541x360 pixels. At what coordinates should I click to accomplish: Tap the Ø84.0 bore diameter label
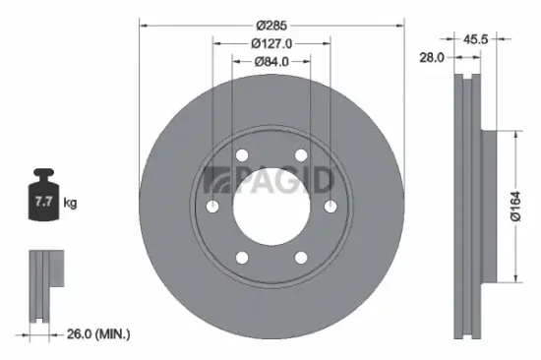[x=272, y=61]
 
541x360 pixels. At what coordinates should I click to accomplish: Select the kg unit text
[x=70, y=203]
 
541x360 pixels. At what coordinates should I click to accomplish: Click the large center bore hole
[x=270, y=206]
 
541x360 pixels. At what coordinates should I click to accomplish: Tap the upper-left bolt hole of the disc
[x=242, y=154]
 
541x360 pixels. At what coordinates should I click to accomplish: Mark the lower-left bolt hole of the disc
[x=242, y=257]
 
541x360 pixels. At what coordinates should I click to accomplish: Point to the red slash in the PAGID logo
[x=209, y=181]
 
